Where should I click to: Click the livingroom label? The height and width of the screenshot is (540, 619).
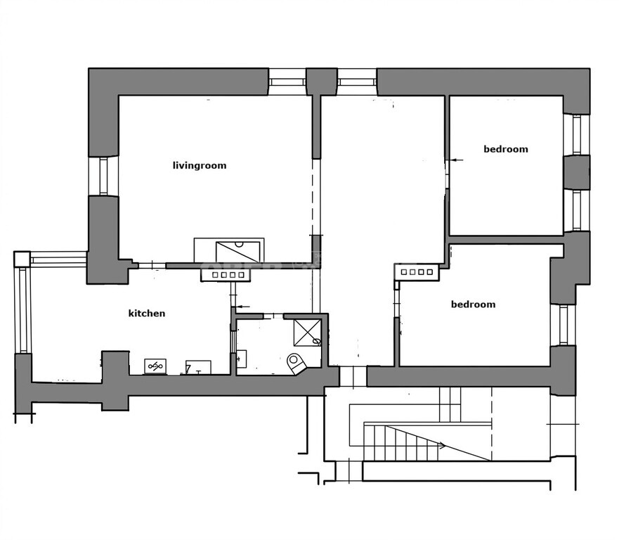coord(200,165)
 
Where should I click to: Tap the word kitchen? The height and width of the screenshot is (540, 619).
coord(147,314)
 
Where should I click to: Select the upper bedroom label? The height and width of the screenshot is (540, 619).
coord(506,149)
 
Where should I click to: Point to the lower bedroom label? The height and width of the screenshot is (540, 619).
coord(473,304)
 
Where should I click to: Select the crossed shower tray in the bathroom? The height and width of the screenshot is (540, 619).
coord(308,333)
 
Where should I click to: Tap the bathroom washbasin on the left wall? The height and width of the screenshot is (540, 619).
coord(241,359)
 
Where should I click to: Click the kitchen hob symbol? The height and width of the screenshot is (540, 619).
coord(155,366)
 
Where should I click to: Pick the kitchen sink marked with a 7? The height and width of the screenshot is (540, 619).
coord(198,367)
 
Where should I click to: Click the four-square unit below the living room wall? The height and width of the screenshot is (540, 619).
coord(226,275)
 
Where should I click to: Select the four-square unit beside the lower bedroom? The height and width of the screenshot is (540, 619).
coord(417,272)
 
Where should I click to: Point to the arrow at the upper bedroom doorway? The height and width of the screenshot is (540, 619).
coord(456,160)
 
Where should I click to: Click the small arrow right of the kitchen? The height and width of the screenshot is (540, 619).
coord(242,307)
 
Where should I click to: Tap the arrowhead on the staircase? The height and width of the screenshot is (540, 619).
coord(443,446)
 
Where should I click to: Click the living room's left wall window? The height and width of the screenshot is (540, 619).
coord(103,176)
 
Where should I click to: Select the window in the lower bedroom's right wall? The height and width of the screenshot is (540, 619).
coord(563,324)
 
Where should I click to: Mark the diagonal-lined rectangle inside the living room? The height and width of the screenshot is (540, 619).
coord(237,252)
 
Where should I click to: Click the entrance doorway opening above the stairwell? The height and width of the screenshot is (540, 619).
coord(353,376)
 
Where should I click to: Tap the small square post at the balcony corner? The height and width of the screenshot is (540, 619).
coord(22,259)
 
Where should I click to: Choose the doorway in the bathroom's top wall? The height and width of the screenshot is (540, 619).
coord(273,316)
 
